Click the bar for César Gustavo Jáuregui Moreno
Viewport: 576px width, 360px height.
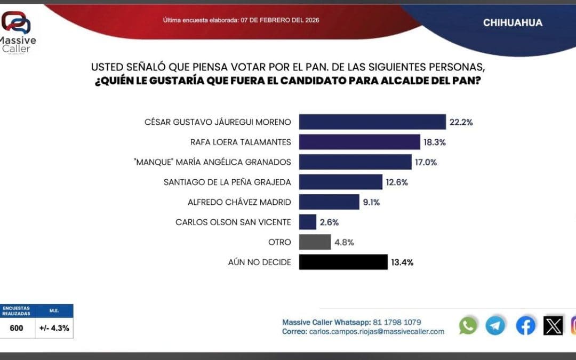[x=372, y=122]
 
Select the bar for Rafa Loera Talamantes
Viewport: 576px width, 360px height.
[x=359, y=142]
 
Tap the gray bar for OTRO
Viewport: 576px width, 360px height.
[x=315, y=242]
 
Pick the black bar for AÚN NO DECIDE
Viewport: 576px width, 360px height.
[x=343, y=262]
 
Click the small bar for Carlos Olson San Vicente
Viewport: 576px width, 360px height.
[x=308, y=222]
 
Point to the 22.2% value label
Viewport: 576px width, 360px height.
[x=461, y=122]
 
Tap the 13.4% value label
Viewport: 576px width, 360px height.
[x=402, y=262]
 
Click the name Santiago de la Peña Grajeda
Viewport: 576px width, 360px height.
[x=227, y=182]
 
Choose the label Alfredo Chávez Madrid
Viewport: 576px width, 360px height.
[x=239, y=202]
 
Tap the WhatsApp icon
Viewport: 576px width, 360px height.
[x=468, y=325]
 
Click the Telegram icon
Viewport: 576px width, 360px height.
[x=495, y=325]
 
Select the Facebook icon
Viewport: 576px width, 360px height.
[x=525, y=325]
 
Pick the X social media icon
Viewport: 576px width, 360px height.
[x=553, y=325]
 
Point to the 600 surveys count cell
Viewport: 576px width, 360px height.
[x=17, y=328]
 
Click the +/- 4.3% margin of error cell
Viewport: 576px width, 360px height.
[x=54, y=328]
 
